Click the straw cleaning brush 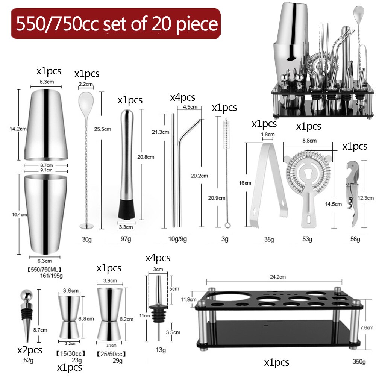click(227, 173)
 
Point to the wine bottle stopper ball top click(25, 294)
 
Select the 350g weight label click(359, 362)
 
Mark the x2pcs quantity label click(30, 350)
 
